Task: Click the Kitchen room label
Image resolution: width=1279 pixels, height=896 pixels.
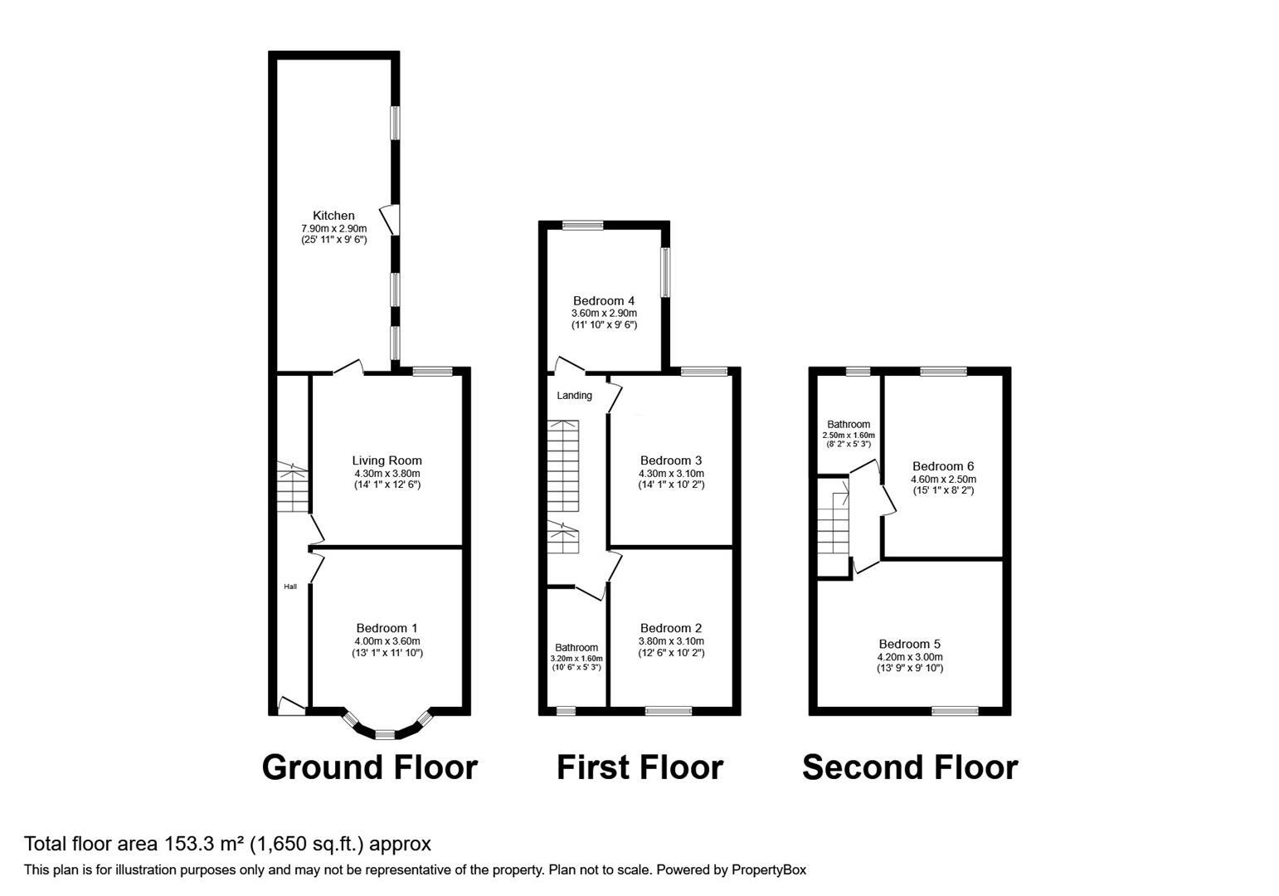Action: [333, 216]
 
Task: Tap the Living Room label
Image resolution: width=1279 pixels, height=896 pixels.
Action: [387, 460]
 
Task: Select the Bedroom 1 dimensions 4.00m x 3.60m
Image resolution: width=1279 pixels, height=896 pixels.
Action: [387, 641]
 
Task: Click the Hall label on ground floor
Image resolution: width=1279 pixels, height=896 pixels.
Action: [290, 587]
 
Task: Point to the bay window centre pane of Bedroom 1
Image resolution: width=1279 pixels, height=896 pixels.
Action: [385, 734]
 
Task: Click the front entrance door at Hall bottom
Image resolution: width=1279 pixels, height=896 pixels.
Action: [290, 706]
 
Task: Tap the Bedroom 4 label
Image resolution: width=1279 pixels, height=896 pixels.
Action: [604, 300]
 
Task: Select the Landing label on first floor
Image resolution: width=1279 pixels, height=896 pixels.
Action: [574, 396]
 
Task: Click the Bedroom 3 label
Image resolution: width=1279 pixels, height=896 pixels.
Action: [671, 460]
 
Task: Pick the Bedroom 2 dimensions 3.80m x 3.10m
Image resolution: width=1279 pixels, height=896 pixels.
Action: [671, 641]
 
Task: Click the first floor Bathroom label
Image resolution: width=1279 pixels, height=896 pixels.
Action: [576, 648]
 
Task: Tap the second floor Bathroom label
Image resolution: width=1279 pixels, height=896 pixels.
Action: [849, 424]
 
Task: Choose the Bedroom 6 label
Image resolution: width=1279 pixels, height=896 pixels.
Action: [943, 466]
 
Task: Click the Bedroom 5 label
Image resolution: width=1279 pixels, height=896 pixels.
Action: [910, 644]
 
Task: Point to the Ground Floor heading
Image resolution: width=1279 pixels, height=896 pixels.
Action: [369, 767]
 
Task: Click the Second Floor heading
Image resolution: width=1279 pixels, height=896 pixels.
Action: [910, 767]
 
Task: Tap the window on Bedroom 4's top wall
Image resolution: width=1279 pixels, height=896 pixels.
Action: [582, 224]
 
